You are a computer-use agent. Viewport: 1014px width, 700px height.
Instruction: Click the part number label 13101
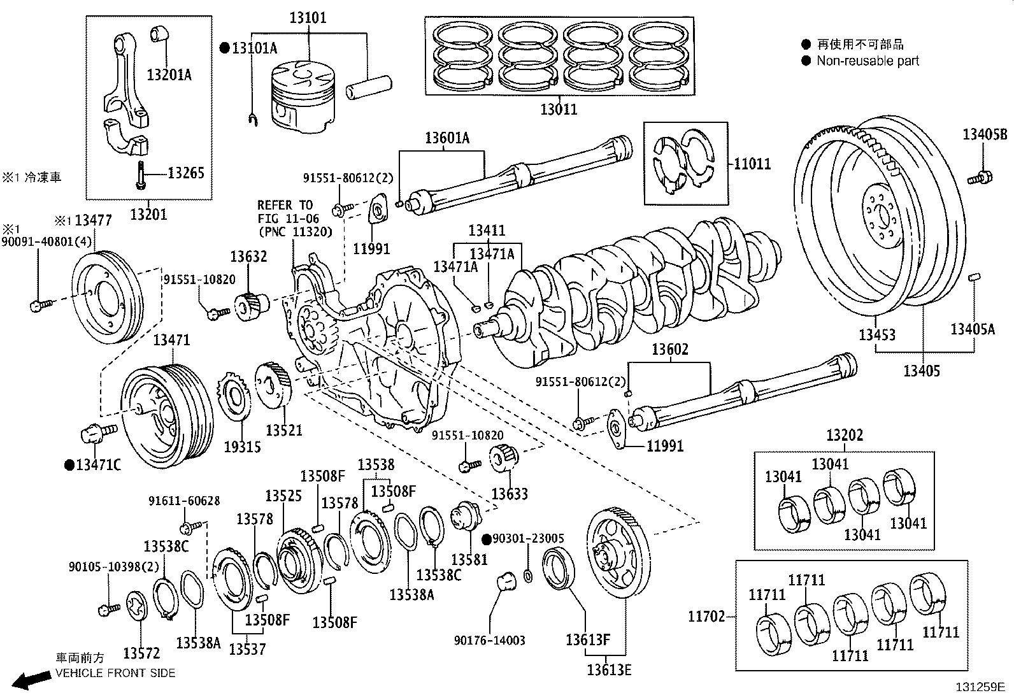(308, 17)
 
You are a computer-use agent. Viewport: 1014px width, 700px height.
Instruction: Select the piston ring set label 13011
(559, 109)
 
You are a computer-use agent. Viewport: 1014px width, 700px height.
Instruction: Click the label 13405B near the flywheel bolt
(985, 134)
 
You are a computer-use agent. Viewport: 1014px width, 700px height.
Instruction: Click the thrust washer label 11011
(752, 164)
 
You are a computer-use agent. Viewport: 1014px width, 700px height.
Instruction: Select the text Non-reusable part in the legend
(868, 61)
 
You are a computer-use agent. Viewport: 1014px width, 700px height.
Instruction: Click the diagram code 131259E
(979, 687)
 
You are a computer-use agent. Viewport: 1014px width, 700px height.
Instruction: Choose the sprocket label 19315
(242, 446)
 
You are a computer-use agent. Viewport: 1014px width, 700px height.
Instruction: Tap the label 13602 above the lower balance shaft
(669, 350)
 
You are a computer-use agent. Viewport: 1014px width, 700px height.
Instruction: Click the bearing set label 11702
(706, 617)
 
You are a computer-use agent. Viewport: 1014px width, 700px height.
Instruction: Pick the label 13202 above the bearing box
(845, 436)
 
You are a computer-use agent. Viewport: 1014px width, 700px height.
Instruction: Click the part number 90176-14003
(490, 640)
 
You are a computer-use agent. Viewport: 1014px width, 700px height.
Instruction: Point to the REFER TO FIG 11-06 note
(294, 218)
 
